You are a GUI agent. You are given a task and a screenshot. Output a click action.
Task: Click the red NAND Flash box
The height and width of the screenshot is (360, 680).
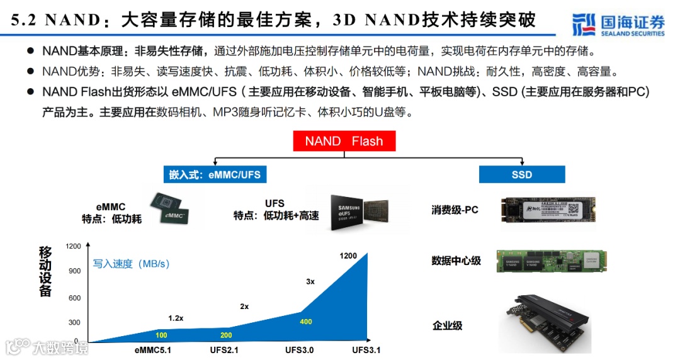click(x=344, y=140)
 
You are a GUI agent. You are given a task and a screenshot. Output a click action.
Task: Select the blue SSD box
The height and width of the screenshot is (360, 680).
click(x=521, y=174)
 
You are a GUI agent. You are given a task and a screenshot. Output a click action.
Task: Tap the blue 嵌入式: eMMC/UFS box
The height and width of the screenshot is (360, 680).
click(x=214, y=174)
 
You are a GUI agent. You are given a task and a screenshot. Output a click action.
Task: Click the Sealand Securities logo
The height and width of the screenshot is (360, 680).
click(x=618, y=24)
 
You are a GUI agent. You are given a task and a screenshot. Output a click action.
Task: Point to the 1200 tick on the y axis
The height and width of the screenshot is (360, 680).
click(x=73, y=246)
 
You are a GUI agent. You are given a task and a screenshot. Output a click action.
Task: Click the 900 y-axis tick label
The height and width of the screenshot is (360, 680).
click(x=75, y=271)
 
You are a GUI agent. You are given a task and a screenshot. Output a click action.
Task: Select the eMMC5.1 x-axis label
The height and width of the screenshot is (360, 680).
click(x=152, y=350)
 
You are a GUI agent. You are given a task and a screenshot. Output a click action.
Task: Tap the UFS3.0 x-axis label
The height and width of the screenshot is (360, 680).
click(x=299, y=350)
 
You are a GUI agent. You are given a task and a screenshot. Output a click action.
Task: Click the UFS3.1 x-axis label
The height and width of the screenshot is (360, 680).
click(x=366, y=350)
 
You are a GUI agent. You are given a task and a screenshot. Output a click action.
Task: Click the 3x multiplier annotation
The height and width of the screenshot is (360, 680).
click(x=310, y=281)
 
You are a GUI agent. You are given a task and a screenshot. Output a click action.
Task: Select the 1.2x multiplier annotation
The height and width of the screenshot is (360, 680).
click(x=176, y=318)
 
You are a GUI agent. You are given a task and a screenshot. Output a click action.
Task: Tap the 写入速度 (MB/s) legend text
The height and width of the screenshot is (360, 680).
click(x=132, y=264)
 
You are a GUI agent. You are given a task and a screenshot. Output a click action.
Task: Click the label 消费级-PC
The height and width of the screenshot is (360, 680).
click(x=455, y=210)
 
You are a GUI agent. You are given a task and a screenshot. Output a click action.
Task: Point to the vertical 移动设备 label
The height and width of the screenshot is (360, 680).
click(x=45, y=271)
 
